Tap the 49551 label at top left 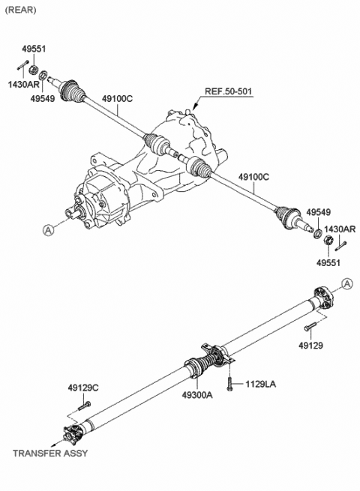click(34, 49)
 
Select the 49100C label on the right click(253, 176)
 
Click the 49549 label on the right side click(317, 213)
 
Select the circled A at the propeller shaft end click(346, 283)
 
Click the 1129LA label click(261, 385)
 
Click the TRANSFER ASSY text click(50, 454)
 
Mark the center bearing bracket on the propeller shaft click(213, 352)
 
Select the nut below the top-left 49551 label click(34, 70)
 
